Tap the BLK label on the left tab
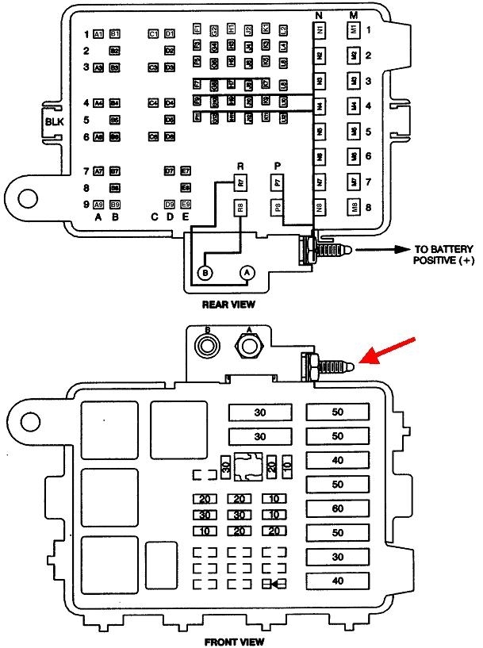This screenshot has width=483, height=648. click(x=53, y=121)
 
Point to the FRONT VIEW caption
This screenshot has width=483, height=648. click(x=234, y=641)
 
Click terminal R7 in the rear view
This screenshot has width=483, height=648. click(x=240, y=183)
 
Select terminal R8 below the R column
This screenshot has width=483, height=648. click(x=240, y=209)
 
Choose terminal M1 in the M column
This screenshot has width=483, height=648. click(x=355, y=30)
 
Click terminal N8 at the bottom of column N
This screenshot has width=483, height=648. click(x=320, y=209)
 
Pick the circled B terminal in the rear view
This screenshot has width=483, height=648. click(x=205, y=273)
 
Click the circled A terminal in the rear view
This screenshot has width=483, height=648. click(x=247, y=273)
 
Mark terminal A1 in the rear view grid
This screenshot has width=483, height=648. click(x=98, y=34)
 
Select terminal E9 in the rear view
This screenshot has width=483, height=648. click(x=186, y=204)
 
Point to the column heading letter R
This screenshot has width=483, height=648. click(x=240, y=165)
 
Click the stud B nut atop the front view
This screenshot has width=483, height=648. click(x=208, y=346)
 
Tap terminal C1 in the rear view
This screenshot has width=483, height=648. click(x=153, y=34)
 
